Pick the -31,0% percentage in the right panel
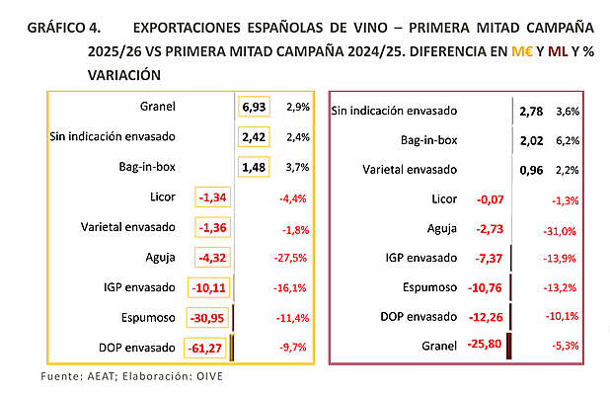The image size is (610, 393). point(561,231)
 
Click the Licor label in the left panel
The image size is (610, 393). point(160,196)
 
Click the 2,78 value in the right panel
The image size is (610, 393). point(531,112)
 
